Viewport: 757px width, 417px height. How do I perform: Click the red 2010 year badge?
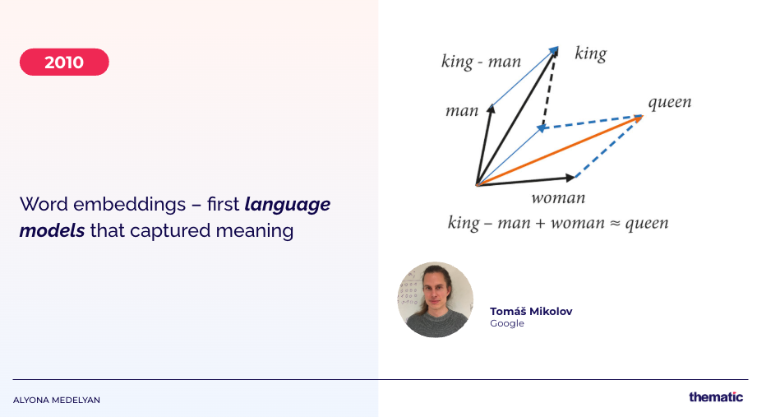click(64, 62)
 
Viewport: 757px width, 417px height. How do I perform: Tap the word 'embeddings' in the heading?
click(129, 205)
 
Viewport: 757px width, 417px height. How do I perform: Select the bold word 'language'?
click(287, 205)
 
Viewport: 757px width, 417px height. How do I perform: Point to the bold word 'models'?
click(52, 230)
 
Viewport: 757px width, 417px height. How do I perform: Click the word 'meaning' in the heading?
click(255, 231)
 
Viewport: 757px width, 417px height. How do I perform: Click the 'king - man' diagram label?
click(482, 62)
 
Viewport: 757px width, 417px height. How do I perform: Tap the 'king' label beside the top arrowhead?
click(590, 53)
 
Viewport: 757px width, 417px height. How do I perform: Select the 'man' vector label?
click(462, 111)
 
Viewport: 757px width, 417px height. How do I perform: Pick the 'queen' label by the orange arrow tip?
click(670, 102)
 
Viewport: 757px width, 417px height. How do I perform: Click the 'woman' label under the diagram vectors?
click(558, 198)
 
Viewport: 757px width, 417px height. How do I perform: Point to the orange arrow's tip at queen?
click(643, 115)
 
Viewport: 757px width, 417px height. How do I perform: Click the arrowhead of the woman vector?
click(572, 178)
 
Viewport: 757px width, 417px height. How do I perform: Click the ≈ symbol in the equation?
click(614, 223)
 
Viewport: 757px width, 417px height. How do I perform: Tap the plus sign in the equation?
click(540, 223)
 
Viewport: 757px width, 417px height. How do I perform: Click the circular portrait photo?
click(436, 299)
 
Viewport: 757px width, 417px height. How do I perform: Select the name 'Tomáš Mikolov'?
click(531, 311)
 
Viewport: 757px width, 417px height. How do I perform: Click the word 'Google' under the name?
click(507, 323)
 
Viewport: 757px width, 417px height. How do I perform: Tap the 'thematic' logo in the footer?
click(716, 396)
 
